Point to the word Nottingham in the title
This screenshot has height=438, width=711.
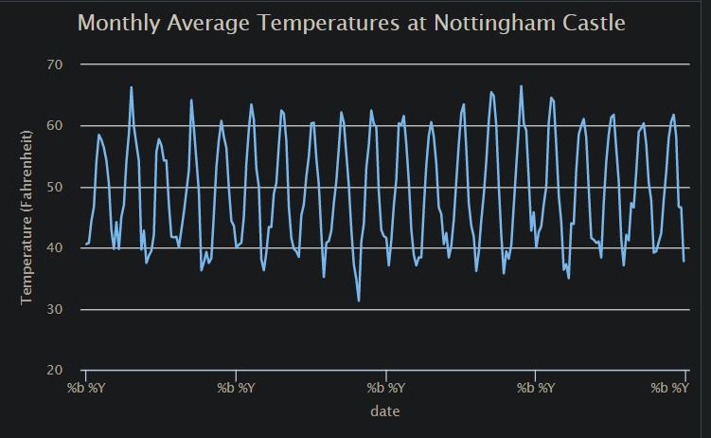[x=475, y=23]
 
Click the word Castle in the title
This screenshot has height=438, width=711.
[x=588, y=23]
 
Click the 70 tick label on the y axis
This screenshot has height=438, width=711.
[x=53, y=64]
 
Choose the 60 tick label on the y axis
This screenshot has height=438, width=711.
[x=53, y=126]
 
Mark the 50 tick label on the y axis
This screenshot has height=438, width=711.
[x=53, y=187]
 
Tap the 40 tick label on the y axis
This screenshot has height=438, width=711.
[x=53, y=248]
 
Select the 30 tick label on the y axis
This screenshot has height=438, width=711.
[x=53, y=309]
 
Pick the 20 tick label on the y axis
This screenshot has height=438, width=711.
[x=53, y=371]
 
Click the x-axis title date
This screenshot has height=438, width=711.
[x=384, y=411]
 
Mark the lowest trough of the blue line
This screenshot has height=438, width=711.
[x=359, y=301]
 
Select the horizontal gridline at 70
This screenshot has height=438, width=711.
[x=379, y=64]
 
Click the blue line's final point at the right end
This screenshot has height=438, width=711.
[x=684, y=262]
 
